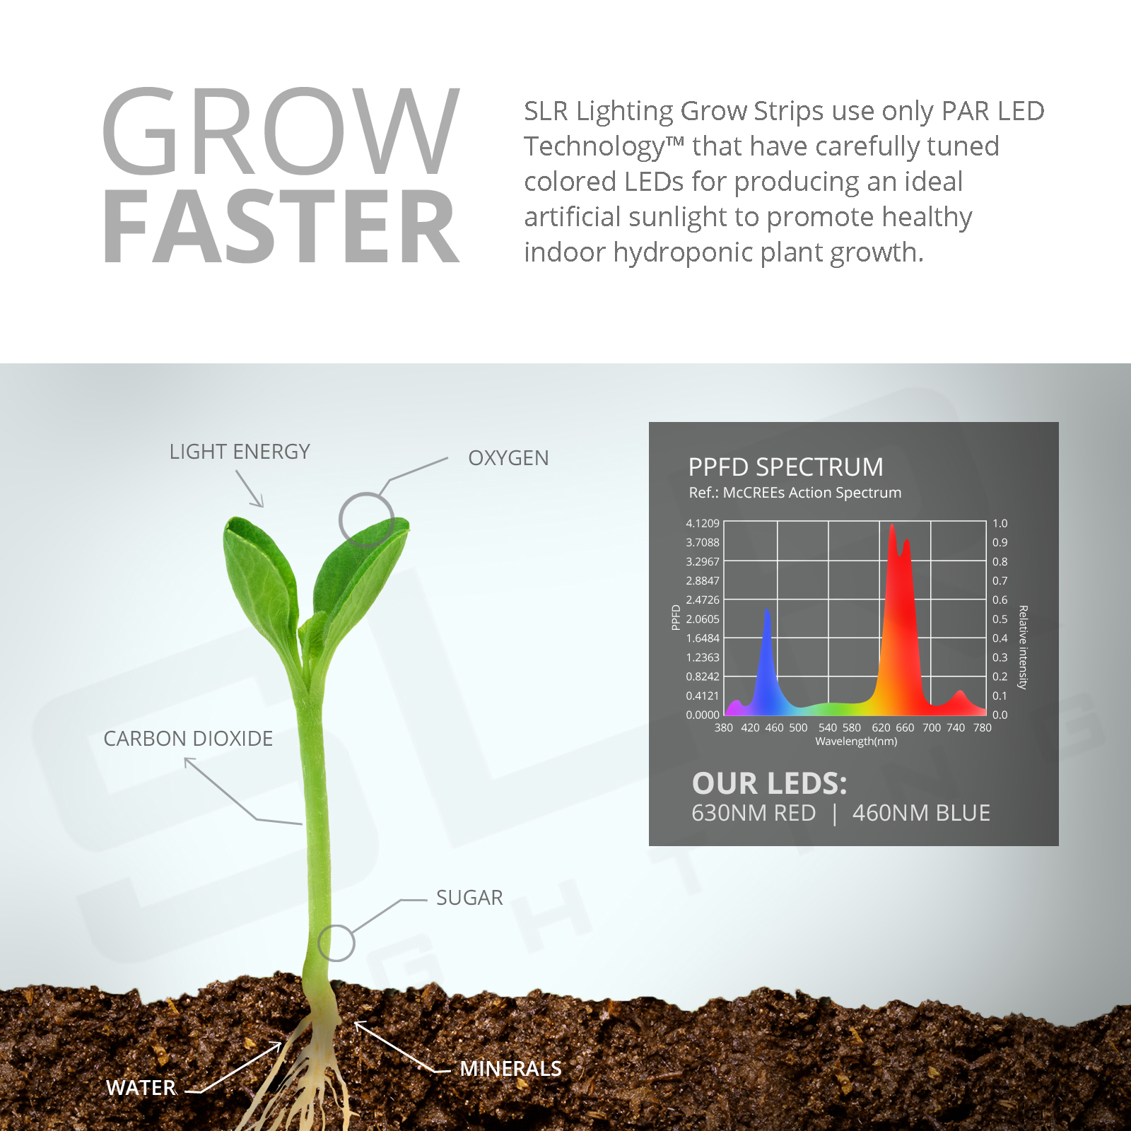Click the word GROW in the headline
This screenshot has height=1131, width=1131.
click(x=281, y=131)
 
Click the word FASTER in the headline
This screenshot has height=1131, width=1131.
click(x=281, y=227)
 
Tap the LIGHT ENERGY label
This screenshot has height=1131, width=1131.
click(x=240, y=452)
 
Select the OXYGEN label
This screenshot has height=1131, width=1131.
click(x=508, y=458)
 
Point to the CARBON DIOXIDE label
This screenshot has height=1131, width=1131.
click(x=188, y=739)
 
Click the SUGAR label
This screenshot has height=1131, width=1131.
click(x=469, y=898)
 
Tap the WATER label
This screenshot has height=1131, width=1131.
click(x=141, y=1088)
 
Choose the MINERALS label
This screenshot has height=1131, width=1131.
click(x=510, y=1069)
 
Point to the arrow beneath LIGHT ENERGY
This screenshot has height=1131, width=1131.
click(x=250, y=488)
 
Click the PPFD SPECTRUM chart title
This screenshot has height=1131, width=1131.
click(x=785, y=467)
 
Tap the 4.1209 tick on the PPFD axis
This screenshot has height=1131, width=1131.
click(x=703, y=523)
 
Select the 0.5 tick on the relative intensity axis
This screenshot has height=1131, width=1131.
click(x=1000, y=619)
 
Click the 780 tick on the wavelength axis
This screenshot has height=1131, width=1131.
click(x=983, y=727)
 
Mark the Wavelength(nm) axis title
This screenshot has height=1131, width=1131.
click(x=856, y=742)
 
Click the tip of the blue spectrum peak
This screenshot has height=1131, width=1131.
click(x=767, y=609)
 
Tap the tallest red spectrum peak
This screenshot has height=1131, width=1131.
click(x=892, y=525)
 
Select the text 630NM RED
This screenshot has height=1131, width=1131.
click(x=754, y=813)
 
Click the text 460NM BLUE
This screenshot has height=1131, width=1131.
click(x=921, y=813)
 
